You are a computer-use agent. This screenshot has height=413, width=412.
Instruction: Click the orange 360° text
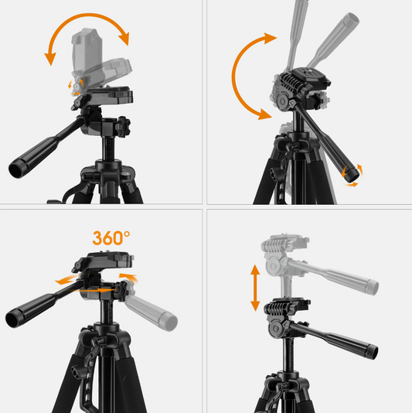tap(111, 238)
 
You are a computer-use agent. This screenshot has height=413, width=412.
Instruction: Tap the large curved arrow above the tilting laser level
tap(87, 15)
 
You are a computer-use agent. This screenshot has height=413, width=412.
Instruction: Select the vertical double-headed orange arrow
tap(255, 288)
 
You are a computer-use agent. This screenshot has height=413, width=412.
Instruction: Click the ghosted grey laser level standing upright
tap(87, 50)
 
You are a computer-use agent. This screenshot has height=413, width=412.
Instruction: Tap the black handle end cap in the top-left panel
tap(16, 170)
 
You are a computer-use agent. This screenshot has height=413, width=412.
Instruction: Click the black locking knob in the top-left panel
tap(123, 127)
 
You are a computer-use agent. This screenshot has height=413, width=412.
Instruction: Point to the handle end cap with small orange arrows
tap(352, 175)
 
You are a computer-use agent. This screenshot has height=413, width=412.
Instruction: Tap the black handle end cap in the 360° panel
tap(12, 319)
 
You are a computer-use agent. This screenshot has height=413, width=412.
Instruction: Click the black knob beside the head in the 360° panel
tap(121, 291)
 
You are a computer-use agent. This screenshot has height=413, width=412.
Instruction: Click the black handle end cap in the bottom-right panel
tap(372, 352)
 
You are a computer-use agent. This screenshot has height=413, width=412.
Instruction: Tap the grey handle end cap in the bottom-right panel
tap(373, 287)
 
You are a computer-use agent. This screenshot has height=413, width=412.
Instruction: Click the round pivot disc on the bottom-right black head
tap(276, 329)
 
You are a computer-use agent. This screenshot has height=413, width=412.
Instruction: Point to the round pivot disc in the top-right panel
tap(283, 101)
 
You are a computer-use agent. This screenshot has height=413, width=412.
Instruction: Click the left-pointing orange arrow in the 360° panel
tap(66, 280)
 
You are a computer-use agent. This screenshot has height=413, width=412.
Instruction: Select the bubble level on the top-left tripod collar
tap(125, 174)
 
